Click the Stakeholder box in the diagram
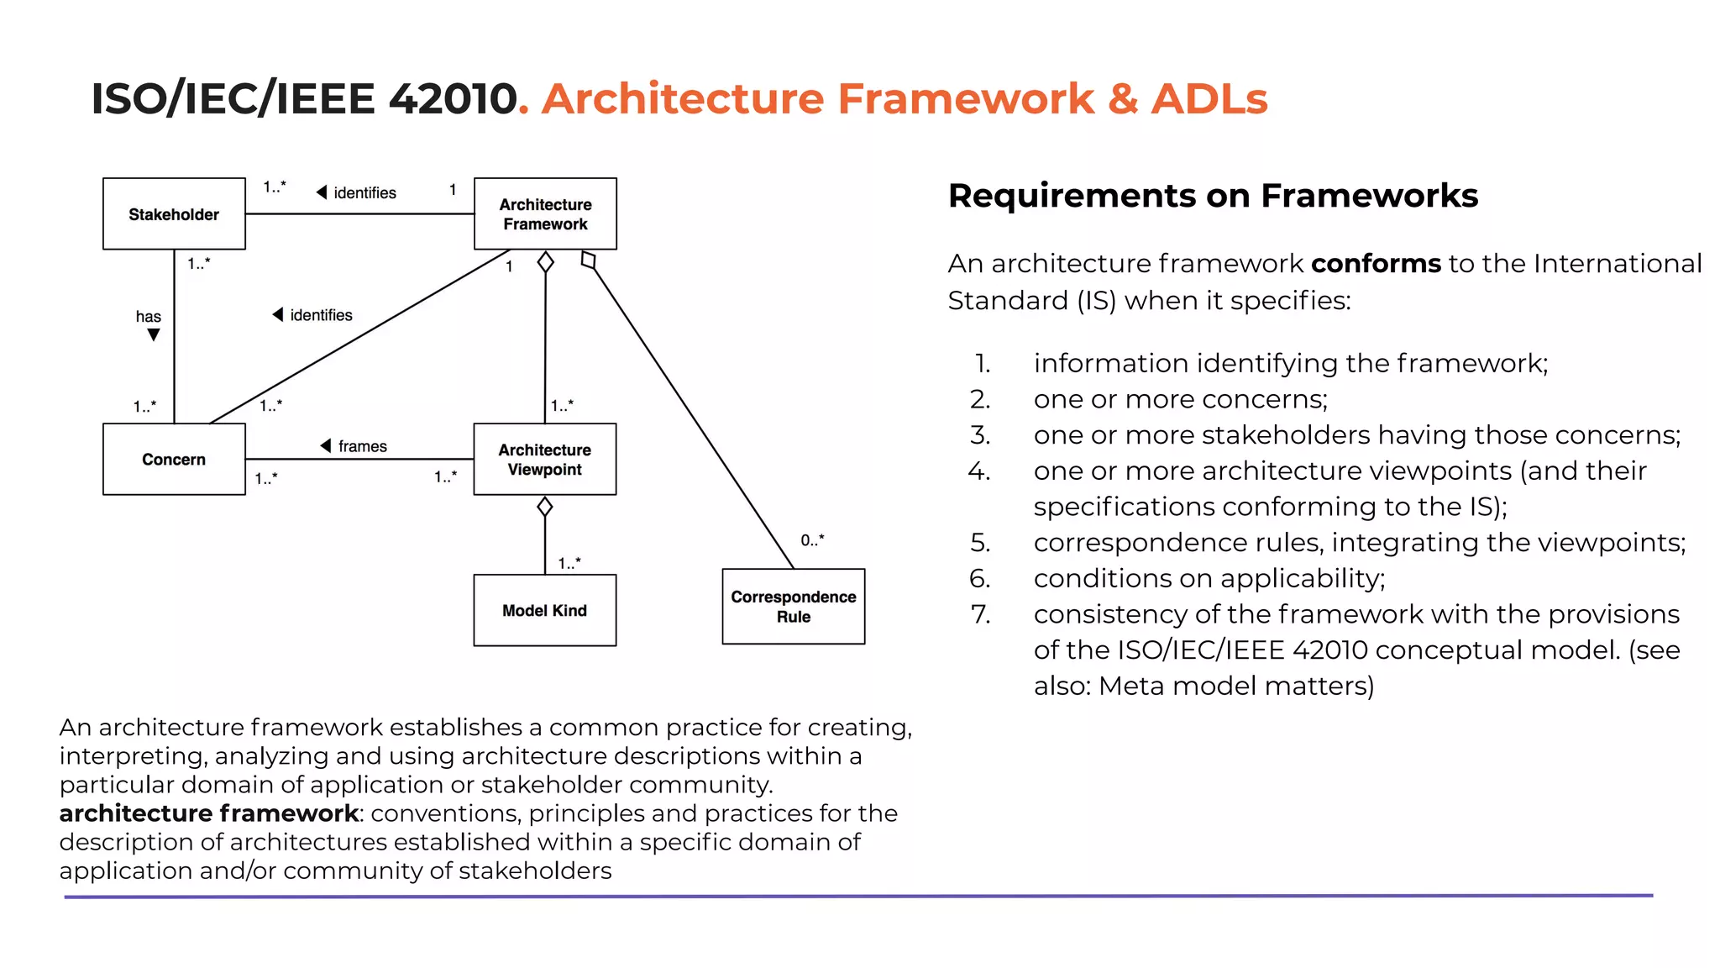tap(174, 213)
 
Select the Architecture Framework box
tap(545, 213)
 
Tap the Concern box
tap(174, 459)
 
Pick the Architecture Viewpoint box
tap(544, 459)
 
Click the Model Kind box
tap(544, 610)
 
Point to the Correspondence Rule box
tap(793, 606)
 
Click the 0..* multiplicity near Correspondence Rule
tap(812, 540)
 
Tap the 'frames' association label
tap(362, 446)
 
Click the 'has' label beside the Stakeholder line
tap(148, 317)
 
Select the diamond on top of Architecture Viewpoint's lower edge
tap(544, 507)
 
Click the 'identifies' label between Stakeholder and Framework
tap(364, 192)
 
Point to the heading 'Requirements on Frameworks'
tap(1212, 196)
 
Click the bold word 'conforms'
tap(1375, 264)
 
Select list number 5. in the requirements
tap(980, 543)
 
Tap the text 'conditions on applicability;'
tap(1209, 578)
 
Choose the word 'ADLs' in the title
tap(1209, 98)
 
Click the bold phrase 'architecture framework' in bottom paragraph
tap(208, 813)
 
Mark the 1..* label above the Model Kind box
tap(569, 563)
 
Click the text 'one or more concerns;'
tap(1180, 399)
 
